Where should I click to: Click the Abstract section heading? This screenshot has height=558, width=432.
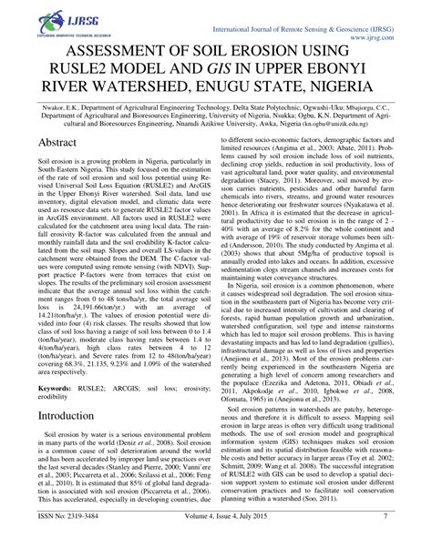(x=53, y=170)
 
